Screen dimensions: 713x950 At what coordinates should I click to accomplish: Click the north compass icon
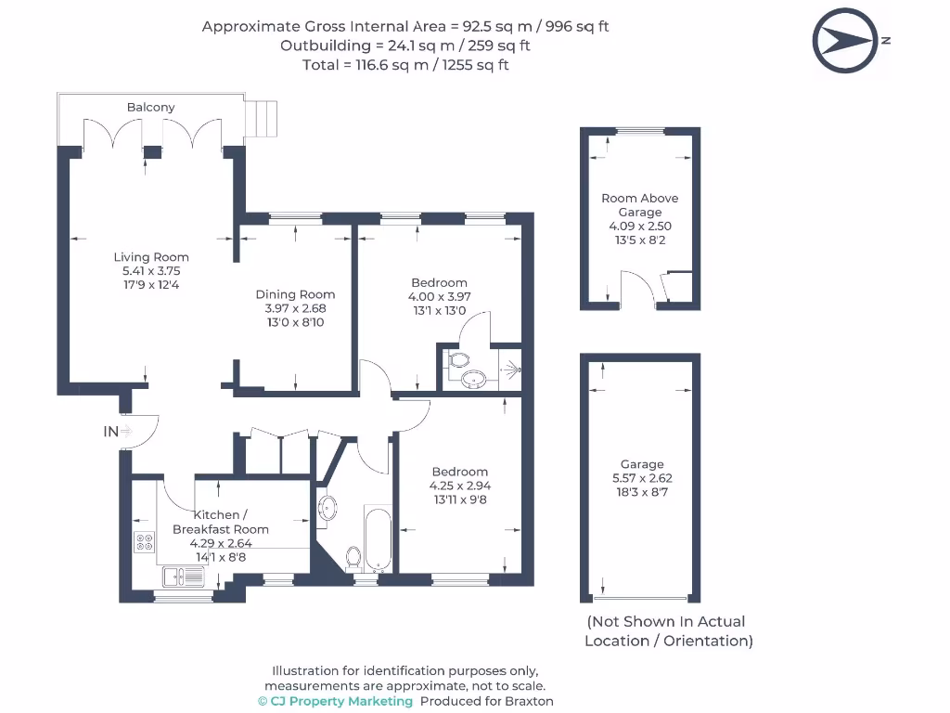pyautogui.click(x=844, y=41)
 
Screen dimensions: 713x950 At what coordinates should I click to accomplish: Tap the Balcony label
pyautogui.click(x=150, y=108)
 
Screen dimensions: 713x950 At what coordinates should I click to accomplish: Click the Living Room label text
pyautogui.click(x=151, y=257)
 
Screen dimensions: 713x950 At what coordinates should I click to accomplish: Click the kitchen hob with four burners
pyautogui.click(x=145, y=542)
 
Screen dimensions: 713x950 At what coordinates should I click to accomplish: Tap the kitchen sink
pyautogui.click(x=184, y=577)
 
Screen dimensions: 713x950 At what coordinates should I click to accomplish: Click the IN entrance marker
pyautogui.click(x=111, y=431)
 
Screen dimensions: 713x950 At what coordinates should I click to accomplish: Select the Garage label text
pyautogui.click(x=642, y=464)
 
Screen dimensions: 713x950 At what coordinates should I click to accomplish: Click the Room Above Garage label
pyautogui.click(x=640, y=204)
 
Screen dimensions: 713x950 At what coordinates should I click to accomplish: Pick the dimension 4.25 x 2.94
pyautogui.click(x=459, y=486)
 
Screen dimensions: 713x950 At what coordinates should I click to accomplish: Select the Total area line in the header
pyautogui.click(x=405, y=65)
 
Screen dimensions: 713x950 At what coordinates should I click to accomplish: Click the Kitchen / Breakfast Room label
pyautogui.click(x=220, y=522)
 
